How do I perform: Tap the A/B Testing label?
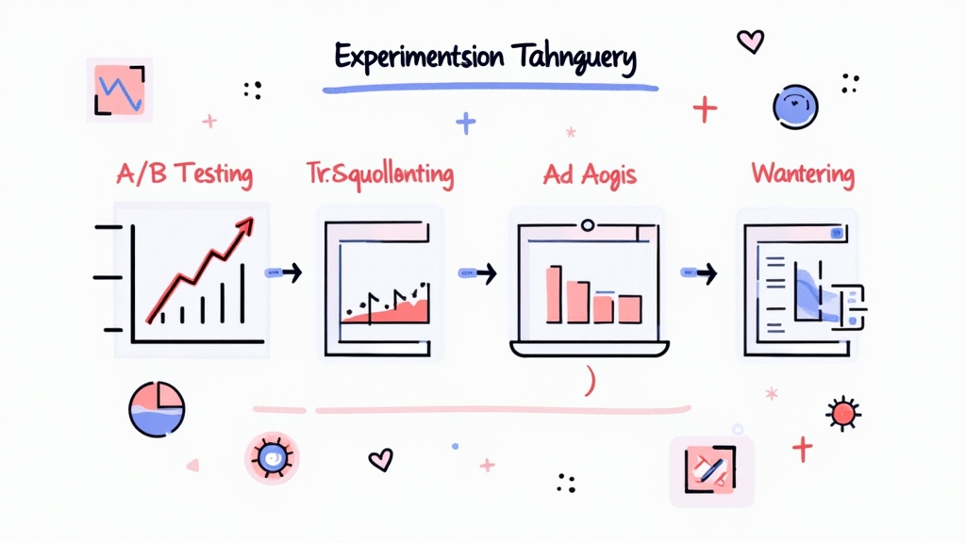point(186,174)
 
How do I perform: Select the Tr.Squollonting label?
point(379,174)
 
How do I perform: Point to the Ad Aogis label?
point(590,175)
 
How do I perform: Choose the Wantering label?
point(803,174)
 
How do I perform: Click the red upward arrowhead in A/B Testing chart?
point(247,223)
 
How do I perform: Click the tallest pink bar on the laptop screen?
point(555,292)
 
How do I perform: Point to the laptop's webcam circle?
point(588,225)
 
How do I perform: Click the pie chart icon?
point(157,408)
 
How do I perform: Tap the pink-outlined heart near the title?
point(750,40)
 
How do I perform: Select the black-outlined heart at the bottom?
point(379,459)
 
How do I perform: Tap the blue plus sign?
point(464,123)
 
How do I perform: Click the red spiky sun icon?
point(841,413)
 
